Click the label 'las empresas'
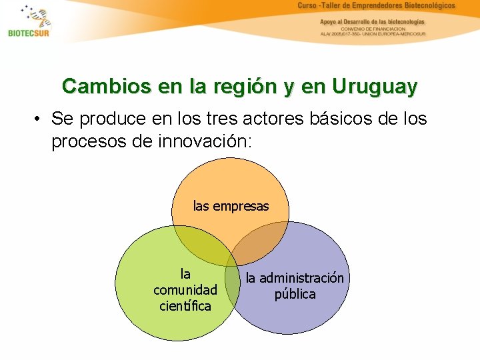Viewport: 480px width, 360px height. (x=231, y=206)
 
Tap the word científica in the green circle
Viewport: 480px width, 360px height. (x=185, y=306)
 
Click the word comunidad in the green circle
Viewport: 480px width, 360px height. (x=185, y=290)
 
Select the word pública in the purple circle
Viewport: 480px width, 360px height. (x=295, y=294)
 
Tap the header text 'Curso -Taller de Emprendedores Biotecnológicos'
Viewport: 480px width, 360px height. (x=376, y=6)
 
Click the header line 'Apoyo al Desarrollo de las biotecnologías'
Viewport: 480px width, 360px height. (x=372, y=21)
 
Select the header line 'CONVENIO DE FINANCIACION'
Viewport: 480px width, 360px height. (x=373, y=29)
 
